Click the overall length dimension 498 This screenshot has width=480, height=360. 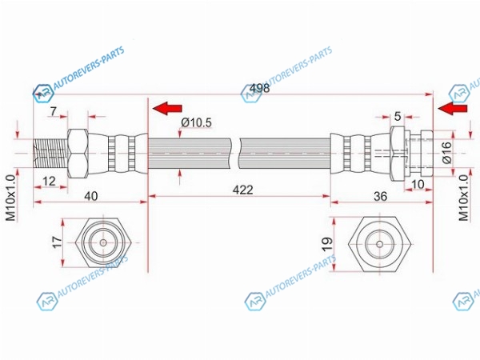pyautogui.click(x=260, y=89)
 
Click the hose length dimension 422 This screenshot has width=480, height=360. pyautogui.click(x=239, y=190)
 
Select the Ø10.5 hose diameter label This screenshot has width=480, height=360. pyautogui.click(x=195, y=122)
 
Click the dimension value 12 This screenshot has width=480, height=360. pyautogui.click(x=50, y=182)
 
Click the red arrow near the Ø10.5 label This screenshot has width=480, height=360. pyautogui.click(x=168, y=107)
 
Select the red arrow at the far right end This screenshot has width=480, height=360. pyautogui.click(x=454, y=107)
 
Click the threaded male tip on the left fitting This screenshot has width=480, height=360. pyautogui.click(x=50, y=152)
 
